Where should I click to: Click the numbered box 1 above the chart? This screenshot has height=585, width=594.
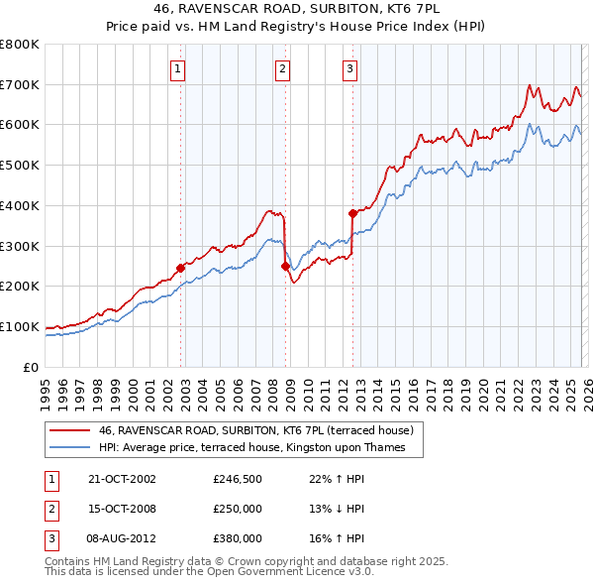(x=177, y=68)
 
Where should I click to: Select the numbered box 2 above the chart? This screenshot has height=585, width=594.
(x=282, y=68)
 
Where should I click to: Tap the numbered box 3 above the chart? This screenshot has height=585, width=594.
(x=349, y=68)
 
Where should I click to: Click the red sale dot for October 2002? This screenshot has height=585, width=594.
(x=180, y=267)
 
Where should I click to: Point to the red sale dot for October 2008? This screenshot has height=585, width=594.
(x=285, y=266)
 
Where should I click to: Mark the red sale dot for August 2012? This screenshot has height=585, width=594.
(x=351, y=212)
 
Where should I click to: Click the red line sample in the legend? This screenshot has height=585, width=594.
(x=68, y=430)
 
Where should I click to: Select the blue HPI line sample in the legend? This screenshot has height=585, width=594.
(x=68, y=447)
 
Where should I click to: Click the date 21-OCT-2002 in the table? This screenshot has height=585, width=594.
(x=123, y=479)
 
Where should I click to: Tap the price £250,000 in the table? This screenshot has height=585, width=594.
(x=238, y=509)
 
